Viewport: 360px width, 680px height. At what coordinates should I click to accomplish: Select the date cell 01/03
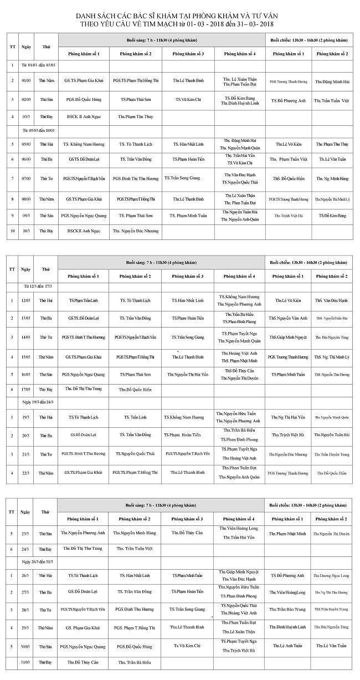click(25, 81)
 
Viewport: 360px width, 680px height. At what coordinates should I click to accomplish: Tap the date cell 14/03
click(25, 337)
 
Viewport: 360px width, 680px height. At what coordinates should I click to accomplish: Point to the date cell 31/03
click(25, 662)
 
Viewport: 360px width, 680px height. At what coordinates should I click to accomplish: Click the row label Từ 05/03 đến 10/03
click(42, 130)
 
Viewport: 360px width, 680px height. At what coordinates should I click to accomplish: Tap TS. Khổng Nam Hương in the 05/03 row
click(84, 144)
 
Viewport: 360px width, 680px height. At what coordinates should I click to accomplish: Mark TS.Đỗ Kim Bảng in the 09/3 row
click(332, 215)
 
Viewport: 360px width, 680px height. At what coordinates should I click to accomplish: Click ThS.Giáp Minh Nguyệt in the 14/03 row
click(287, 337)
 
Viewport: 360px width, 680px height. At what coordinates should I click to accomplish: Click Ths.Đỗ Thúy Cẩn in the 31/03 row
click(83, 662)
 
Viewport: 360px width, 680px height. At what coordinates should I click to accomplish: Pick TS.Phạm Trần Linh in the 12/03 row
click(83, 300)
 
